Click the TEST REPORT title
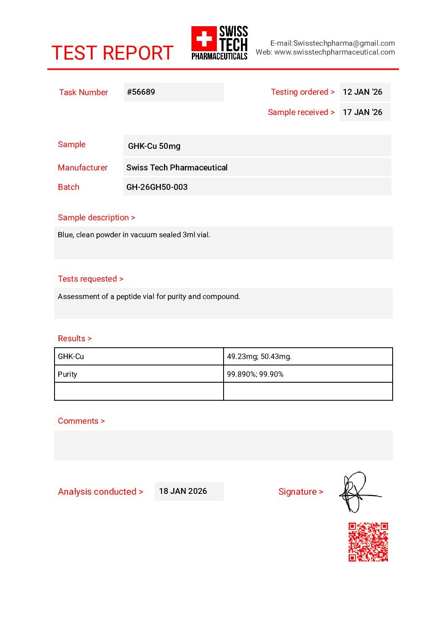pos(112,53)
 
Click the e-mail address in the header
pos(332,43)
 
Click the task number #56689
pos(141,92)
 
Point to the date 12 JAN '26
pos(362,92)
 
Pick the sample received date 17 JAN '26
pos(362,112)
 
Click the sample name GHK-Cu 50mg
pos(154,146)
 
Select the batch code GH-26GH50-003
pos(157,187)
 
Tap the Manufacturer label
pos(82,167)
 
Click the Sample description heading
pos(96,217)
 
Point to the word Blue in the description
pos(65,235)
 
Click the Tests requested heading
pos(90,279)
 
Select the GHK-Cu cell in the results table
pos(139,356)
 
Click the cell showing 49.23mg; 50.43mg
pos(308,356)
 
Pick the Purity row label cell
pos(139,374)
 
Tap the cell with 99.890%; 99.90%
pos(308,374)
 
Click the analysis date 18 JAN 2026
pos(183,491)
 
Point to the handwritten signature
pos(357,492)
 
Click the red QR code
pos(368,542)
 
